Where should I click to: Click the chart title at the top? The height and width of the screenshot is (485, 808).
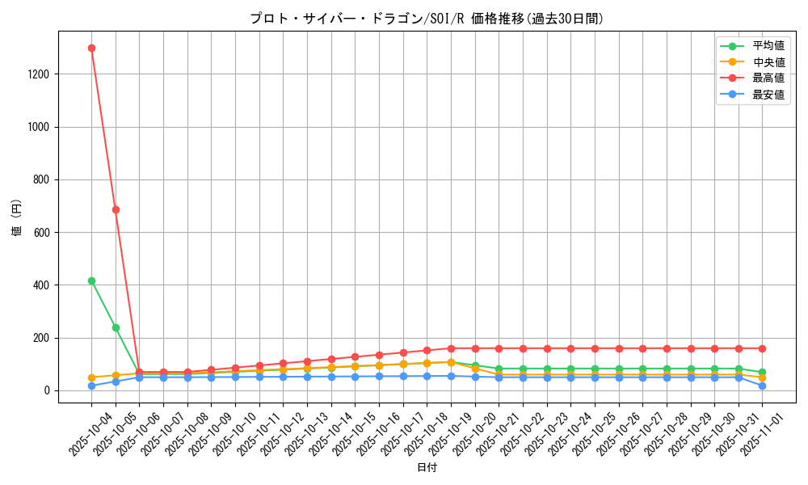(427, 19)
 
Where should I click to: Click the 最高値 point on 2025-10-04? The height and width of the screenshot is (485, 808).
(91, 48)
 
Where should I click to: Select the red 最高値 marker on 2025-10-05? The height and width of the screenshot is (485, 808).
(116, 209)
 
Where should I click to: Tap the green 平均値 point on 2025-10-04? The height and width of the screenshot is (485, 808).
(91, 280)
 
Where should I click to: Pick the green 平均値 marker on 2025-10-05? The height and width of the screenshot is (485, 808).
(116, 327)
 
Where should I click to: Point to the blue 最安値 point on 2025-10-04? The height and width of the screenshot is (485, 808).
(91, 386)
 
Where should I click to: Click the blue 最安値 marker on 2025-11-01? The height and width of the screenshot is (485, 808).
(762, 386)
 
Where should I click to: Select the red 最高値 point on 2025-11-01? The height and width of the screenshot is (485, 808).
(762, 348)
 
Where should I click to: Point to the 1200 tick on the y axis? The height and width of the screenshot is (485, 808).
(39, 74)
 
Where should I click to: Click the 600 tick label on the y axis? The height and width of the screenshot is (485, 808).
(41, 233)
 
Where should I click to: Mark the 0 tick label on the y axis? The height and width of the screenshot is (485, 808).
(47, 391)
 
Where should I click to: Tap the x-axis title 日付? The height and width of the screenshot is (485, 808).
(427, 468)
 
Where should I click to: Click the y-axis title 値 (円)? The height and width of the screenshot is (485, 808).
(17, 217)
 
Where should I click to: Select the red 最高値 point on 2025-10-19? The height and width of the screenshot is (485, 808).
(451, 348)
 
